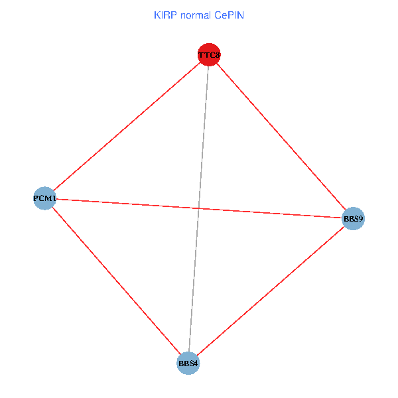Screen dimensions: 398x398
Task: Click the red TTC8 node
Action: click(209, 54)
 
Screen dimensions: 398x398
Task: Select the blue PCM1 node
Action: click(44, 198)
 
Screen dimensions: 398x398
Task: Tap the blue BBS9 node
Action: click(354, 218)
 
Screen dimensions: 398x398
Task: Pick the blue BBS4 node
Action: click(188, 364)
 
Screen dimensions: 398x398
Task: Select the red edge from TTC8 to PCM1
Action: click(127, 126)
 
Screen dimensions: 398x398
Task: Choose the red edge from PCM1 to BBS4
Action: click(116, 281)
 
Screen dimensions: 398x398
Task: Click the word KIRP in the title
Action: click(163, 15)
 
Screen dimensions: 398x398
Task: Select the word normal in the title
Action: click(195, 15)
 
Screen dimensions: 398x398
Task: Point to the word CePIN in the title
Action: click(230, 15)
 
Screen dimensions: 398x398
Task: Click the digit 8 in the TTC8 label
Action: click(217, 54)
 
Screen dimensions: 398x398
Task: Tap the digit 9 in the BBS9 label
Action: click(362, 218)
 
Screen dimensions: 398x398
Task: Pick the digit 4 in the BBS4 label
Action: click(196, 364)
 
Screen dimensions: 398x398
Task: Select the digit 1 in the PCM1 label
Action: click(54, 198)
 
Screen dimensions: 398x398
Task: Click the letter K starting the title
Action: click(157, 15)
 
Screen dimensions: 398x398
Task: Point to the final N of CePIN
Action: click(241, 15)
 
